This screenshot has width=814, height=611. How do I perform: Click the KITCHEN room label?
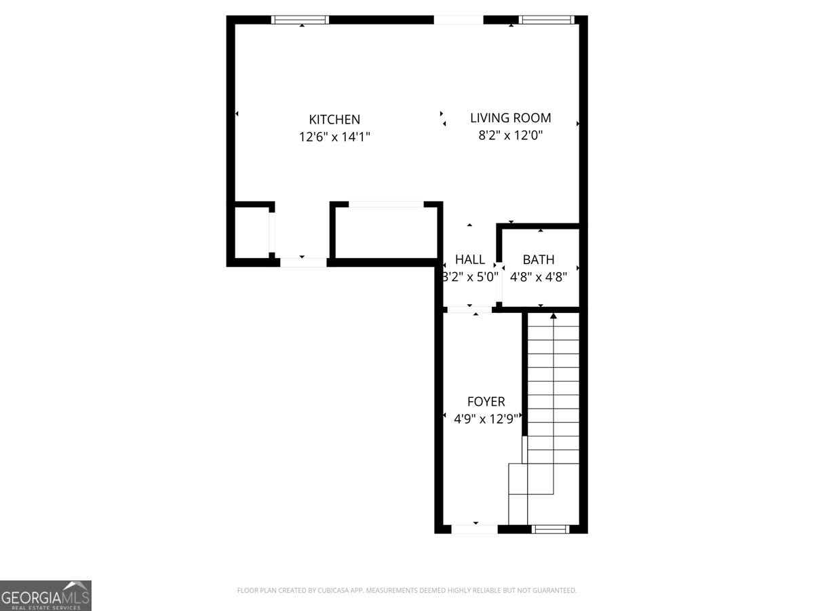pyautogui.click(x=334, y=119)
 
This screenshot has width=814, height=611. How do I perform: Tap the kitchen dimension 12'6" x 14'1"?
pyautogui.click(x=334, y=136)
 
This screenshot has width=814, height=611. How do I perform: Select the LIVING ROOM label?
pyautogui.click(x=510, y=118)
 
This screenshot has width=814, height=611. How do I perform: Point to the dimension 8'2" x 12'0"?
pyautogui.click(x=510, y=135)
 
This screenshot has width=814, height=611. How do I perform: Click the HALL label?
pyautogui.click(x=469, y=259)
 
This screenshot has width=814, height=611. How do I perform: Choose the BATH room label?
pyautogui.click(x=539, y=259)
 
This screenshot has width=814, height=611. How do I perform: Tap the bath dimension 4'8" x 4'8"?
pyautogui.click(x=539, y=276)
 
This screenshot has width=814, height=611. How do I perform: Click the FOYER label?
pyautogui.click(x=486, y=402)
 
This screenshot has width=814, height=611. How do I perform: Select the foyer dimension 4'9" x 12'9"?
pyautogui.click(x=486, y=419)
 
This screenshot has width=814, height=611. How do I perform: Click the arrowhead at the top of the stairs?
pyautogui.click(x=554, y=316)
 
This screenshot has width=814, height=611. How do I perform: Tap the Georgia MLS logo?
pyautogui.click(x=45, y=595)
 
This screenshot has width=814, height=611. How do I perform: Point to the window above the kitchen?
pyautogui.click(x=300, y=20)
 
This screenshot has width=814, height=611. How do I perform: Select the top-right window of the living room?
pyautogui.click(x=546, y=20)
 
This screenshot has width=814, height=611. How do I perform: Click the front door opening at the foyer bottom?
pyautogui.click(x=474, y=529)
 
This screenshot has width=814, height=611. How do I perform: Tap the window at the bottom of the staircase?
pyautogui.click(x=549, y=529)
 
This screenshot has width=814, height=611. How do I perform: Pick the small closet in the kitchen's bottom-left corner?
pyautogui.click(x=252, y=232)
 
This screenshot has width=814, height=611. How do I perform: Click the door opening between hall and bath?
pyautogui.click(x=499, y=281)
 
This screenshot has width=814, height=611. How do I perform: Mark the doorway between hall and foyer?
pyautogui.click(x=469, y=310)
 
